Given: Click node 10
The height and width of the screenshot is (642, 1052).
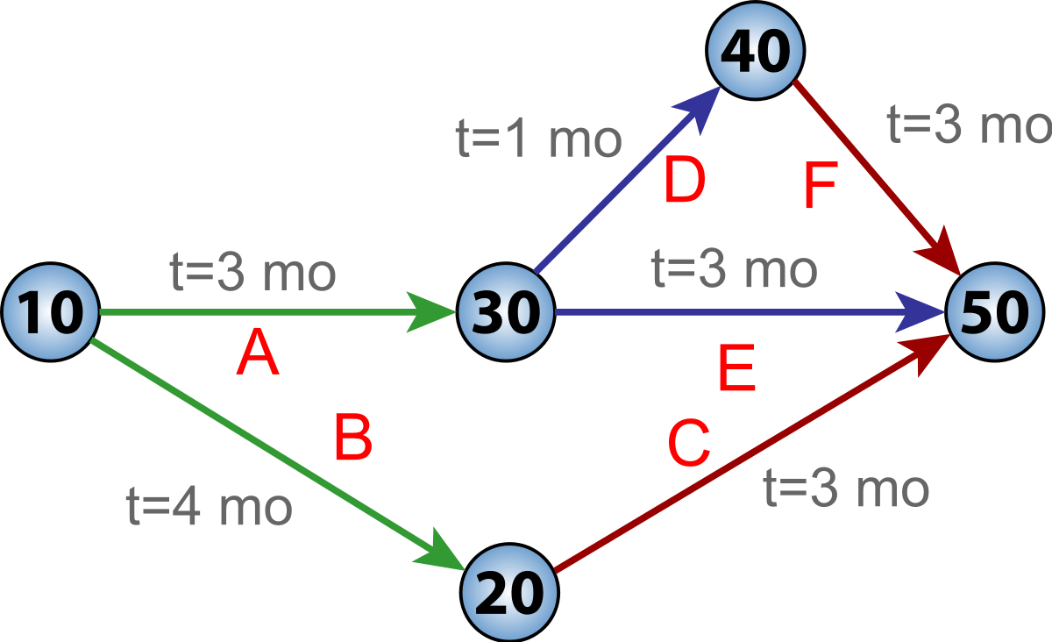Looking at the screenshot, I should coord(51,311).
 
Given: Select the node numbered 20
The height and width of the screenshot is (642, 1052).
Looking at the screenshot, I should coord(511,594).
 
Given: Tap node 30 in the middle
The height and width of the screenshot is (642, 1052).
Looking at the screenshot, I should coord(506,311).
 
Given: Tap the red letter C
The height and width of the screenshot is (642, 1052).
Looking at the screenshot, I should coord(688,445).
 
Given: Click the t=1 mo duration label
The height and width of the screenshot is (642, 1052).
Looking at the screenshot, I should coord(539,140).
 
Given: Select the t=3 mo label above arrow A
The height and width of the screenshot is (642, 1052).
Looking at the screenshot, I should coord(252,274).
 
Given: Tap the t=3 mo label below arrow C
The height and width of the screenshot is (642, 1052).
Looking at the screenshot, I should coord(845,489).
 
